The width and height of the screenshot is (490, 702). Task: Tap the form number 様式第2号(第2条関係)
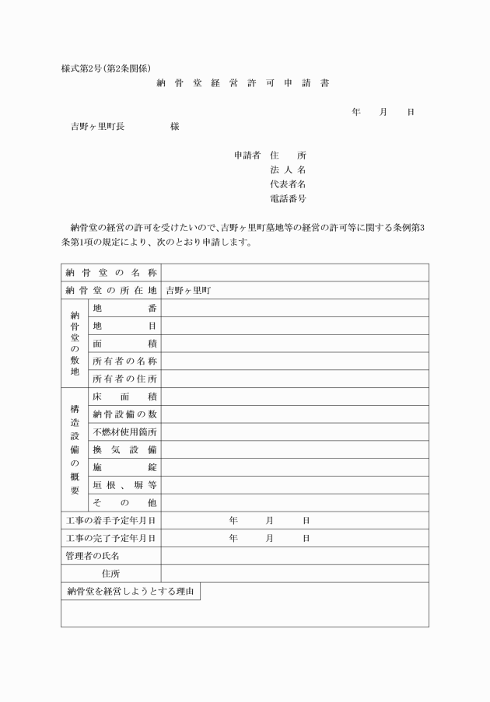(x=111, y=68)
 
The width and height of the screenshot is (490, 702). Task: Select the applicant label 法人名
(x=288, y=169)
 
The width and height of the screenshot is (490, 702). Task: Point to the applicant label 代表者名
(x=288, y=184)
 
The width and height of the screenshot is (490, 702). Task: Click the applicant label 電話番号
(x=288, y=199)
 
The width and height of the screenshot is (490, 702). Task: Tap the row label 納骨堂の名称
(x=111, y=273)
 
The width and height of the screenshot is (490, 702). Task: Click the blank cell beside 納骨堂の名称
(x=295, y=273)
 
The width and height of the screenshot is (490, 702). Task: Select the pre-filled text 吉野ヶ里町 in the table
(x=188, y=291)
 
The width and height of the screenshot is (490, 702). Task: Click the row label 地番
(x=124, y=308)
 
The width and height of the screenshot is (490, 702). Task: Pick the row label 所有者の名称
(x=124, y=361)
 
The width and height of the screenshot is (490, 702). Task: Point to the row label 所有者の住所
(x=124, y=379)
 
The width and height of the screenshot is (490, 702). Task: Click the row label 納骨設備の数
(x=124, y=414)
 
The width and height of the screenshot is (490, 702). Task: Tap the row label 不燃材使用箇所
(x=124, y=432)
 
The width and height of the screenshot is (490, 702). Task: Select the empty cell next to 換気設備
(x=295, y=450)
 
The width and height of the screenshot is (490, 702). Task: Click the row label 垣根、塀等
(x=124, y=485)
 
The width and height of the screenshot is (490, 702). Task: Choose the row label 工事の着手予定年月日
(x=111, y=520)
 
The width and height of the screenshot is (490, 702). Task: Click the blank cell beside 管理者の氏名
(x=295, y=556)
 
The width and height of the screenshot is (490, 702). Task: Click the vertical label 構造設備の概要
(x=75, y=449)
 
